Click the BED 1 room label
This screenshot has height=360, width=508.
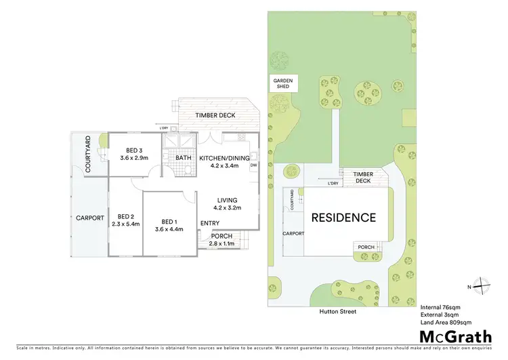(x=169, y=221)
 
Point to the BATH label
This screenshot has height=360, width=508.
(x=184, y=158)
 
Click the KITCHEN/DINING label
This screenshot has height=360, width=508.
(x=224, y=158)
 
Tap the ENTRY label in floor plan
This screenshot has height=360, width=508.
(x=209, y=224)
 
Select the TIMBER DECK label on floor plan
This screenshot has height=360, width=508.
(x=215, y=115)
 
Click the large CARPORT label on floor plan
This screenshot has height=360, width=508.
(x=89, y=218)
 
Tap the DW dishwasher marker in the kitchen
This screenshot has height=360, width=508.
(x=253, y=165)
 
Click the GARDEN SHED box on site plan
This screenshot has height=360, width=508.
(x=282, y=83)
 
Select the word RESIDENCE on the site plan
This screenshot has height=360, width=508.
(x=343, y=218)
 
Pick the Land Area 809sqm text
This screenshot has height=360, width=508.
(x=446, y=321)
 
